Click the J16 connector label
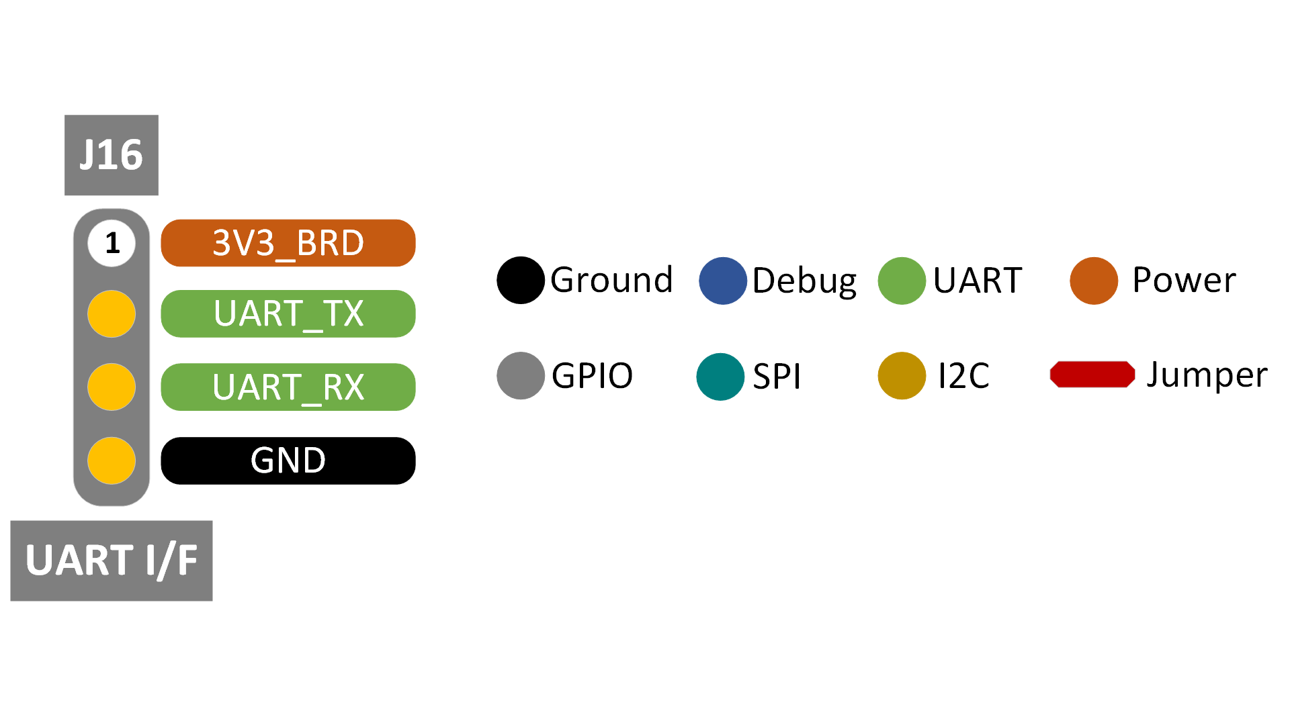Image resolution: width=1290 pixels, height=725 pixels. pyautogui.click(x=112, y=155)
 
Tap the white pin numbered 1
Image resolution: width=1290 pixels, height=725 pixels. pyautogui.click(x=112, y=243)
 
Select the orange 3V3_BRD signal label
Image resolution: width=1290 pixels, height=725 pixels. pyautogui.click(x=288, y=243)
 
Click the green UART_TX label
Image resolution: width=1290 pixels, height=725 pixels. pyautogui.click(x=288, y=313)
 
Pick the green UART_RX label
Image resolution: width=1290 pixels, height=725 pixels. pyautogui.click(x=288, y=387)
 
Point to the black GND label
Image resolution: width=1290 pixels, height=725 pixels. pyautogui.click(x=288, y=461)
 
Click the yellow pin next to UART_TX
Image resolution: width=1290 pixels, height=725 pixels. pyautogui.click(x=112, y=313)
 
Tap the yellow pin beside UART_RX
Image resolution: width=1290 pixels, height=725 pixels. pyautogui.click(x=112, y=387)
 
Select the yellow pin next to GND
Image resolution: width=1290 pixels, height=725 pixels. pyautogui.click(x=112, y=461)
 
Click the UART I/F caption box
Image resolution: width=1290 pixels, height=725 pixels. pyautogui.click(x=112, y=561)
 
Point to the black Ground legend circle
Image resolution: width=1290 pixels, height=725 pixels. pyautogui.click(x=521, y=281)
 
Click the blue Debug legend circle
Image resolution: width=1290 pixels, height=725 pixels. pyautogui.click(x=723, y=281)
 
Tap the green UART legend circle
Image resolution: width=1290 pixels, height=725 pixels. pyautogui.click(x=902, y=281)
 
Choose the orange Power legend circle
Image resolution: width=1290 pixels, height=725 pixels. pyautogui.click(x=1094, y=281)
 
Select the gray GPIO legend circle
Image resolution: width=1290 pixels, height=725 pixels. pyautogui.click(x=521, y=375)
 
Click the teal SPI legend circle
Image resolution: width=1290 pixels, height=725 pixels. pyautogui.click(x=720, y=377)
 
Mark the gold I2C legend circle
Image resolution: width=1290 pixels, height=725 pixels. pyautogui.click(x=902, y=375)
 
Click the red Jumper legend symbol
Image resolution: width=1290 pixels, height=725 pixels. pyautogui.click(x=1092, y=375)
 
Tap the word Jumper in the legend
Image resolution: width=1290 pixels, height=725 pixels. pyautogui.click(x=1207, y=375)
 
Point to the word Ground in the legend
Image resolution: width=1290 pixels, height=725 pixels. pyautogui.click(x=611, y=280)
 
